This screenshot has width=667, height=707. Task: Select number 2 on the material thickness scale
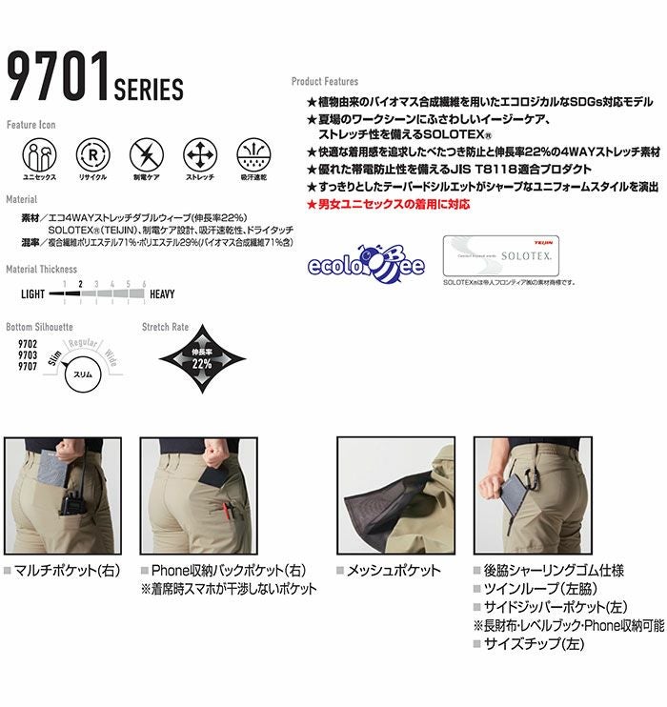[x=81, y=285]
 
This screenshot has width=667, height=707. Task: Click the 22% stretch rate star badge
[x=200, y=361]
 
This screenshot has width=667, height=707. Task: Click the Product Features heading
[x=325, y=83]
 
